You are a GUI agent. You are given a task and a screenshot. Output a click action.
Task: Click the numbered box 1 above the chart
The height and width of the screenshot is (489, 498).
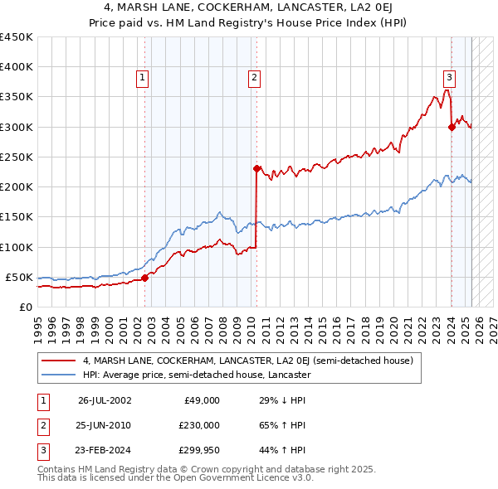coord(143,78)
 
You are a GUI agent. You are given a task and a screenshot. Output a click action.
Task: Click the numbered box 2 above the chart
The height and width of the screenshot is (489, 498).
coord(253,78)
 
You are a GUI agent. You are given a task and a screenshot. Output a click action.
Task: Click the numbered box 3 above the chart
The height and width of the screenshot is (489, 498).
coord(449,78)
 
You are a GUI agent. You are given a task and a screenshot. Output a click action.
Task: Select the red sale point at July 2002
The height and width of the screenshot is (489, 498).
coord(144,278)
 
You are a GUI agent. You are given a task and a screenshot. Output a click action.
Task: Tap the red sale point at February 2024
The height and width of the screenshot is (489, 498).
coord(452,127)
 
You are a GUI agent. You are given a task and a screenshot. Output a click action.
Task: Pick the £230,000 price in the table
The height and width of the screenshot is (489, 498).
coord(198,425)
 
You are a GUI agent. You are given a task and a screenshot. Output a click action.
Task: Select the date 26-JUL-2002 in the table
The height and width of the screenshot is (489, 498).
coord(105,400)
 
